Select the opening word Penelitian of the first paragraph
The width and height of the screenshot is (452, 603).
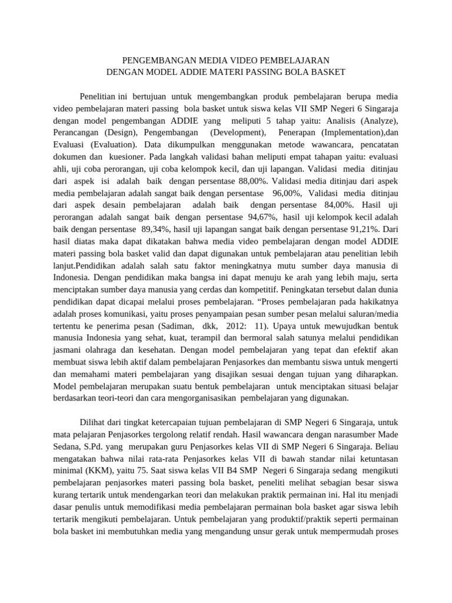click(97, 96)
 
